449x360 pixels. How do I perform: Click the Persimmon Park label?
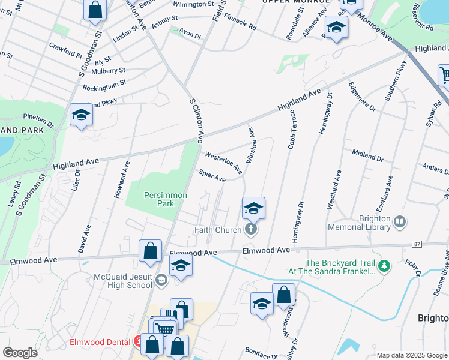tap(166, 199)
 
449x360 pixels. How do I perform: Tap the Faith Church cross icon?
tap(251, 229)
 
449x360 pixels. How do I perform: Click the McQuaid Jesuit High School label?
tap(123, 281)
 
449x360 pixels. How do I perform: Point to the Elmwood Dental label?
tap(100, 342)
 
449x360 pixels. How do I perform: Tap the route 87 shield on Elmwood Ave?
tap(417, 244)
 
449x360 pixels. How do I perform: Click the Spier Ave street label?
tap(212, 176)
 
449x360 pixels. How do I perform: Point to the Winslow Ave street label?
tap(252, 145)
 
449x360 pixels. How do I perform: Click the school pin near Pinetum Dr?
tap(80, 115)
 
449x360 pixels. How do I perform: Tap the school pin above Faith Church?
tap(253, 208)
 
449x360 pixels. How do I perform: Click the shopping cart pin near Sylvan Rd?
tap(445, 76)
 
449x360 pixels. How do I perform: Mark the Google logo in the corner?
tap(20, 353)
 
